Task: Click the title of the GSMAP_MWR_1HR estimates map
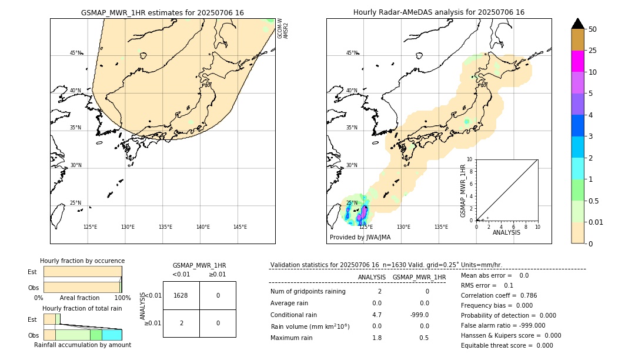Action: pos(162,12)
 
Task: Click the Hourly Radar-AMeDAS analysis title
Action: pos(439,12)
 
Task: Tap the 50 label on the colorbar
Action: pos(593,29)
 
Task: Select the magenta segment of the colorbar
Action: pos(578,61)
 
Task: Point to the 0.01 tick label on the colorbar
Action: pos(596,222)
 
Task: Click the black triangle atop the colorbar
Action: pos(578,24)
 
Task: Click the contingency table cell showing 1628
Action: pos(181,295)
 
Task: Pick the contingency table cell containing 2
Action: pos(181,323)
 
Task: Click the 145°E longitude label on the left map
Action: pos(240,227)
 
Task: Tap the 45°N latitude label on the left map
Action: pos(75,53)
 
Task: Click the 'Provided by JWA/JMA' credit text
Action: pos(360,238)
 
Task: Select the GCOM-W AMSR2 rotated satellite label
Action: pos(283,28)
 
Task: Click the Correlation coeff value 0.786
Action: pos(524,295)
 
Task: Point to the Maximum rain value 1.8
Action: pos(377,338)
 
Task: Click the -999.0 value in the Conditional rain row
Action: pos(419,315)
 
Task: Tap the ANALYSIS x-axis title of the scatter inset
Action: pos(506,232)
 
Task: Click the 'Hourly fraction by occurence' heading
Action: pos(82,261)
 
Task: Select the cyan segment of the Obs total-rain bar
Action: pos(112,335)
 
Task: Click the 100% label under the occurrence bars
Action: pos(122,298)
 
